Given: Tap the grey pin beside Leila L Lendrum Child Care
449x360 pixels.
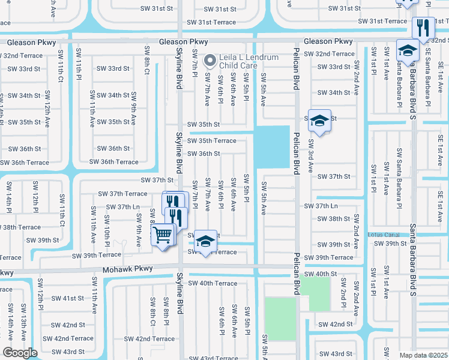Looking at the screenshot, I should (x=209, y=60).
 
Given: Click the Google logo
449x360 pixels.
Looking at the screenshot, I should (x=20, y=352).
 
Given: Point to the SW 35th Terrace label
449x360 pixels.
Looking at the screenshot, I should (x=211, y=140).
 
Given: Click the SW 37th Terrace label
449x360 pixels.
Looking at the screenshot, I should (x=122, y=193).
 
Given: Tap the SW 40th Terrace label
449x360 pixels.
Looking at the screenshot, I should (x=212, y=283).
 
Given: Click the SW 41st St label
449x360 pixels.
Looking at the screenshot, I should (x=67, y=298).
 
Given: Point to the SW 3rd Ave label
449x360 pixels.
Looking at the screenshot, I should (x=310, y=155).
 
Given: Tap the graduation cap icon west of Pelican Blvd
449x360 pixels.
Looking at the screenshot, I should (x=205, y=242).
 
